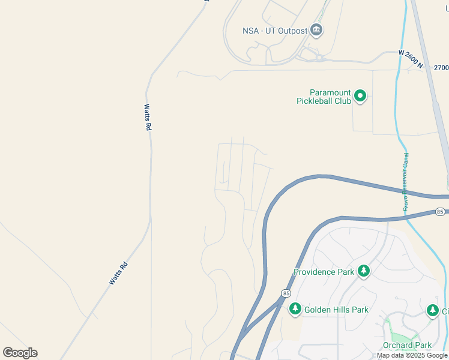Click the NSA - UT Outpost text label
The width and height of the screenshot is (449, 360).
(274, 31)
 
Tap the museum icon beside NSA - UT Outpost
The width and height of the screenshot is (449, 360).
(316, 30)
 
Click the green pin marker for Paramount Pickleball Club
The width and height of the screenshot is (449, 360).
(360, 95)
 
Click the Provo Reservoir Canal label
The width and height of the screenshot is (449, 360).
(406, 181)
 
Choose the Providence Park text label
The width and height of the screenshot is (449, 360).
(324, 272)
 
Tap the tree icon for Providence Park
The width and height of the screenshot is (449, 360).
(363, 271)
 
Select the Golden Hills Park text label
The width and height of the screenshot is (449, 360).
(336, 310)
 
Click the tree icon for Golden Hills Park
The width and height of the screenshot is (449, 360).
(295, 309)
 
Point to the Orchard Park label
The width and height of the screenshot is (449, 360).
(407, 345)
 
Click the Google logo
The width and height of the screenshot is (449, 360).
(20, 353)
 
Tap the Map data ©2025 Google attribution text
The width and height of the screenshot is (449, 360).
(412, 355)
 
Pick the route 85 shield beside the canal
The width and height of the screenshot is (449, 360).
(441, 212)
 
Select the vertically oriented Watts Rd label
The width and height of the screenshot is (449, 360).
(147, 118)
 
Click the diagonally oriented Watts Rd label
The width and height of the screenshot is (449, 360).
(118, 272)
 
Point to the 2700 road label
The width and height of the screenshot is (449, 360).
(441, 68)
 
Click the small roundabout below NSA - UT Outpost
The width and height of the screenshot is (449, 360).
(320, 58)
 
